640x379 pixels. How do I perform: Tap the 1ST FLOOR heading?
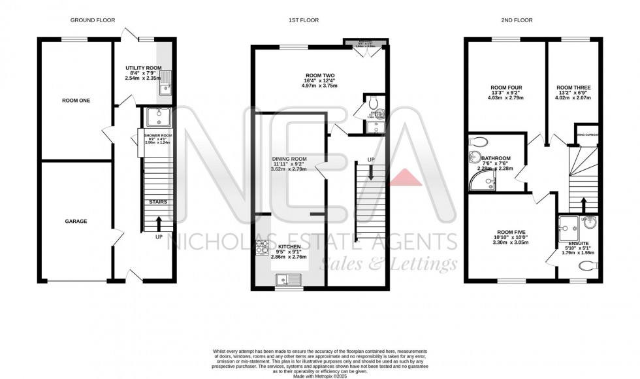click(x=304, y=20)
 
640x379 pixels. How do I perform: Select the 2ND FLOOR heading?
click(x=515, y=20)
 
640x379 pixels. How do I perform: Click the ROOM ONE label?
click(x=76, y=100)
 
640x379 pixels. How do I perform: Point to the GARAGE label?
click(x=76, y=221)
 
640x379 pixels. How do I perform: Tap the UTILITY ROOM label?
click(x=144, y=67)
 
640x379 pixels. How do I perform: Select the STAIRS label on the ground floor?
click(x=157, y=202)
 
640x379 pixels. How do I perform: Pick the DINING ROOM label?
click(x=289, y=159)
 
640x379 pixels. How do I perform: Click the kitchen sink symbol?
click(x=287, y=280)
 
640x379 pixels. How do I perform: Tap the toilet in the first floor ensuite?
click(x=373, y=103)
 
